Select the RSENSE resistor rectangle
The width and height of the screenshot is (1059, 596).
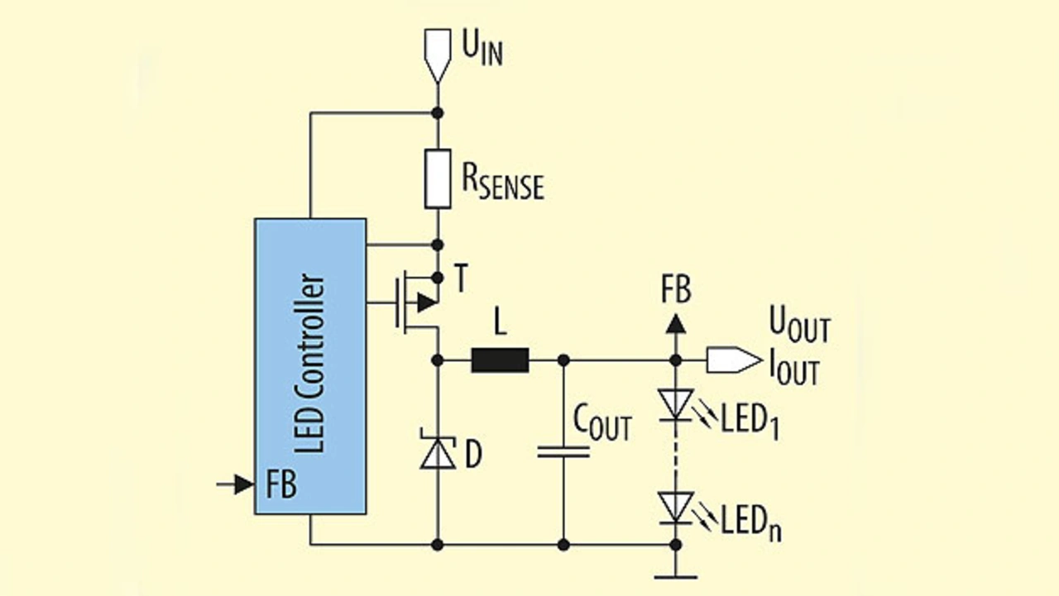point(438,179)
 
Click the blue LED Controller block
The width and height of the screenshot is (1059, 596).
point(310,366)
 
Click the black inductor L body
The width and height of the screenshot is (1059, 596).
point(501,360)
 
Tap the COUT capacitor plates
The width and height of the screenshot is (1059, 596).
point(563,451)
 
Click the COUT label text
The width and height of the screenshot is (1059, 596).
point(602,423)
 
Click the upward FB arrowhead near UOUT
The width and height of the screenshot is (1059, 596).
point(676,324)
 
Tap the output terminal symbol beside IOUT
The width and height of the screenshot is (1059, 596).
point(734,360)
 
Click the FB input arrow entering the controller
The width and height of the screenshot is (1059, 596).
point(236,484)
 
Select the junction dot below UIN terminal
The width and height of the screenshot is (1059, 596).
point(438,113)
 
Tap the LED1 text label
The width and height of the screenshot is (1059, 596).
point(750,422)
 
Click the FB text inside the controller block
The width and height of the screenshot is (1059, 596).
point(281,484)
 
